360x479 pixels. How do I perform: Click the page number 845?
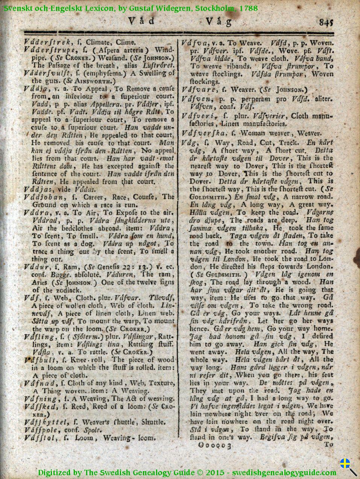click(326, 22)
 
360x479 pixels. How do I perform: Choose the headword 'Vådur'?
click(34, 267)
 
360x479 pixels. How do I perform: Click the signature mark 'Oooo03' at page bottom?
click(213, 445)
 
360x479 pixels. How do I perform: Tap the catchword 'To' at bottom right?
click(328, 444)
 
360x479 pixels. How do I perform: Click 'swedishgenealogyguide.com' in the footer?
click(284, 473)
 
